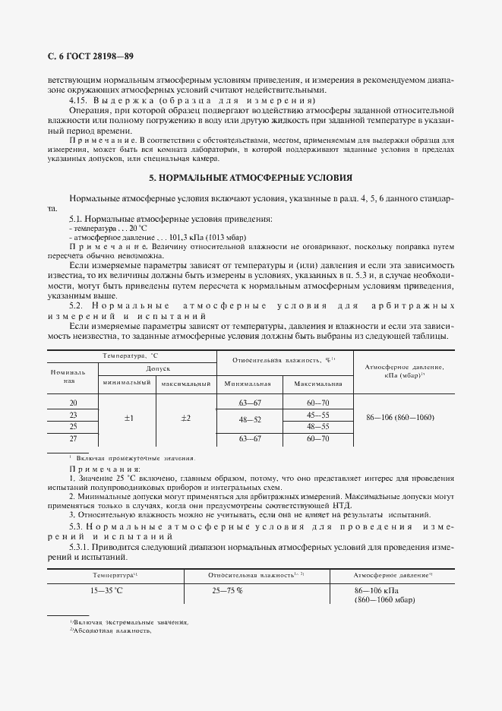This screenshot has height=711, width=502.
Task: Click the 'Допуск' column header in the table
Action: pyautogui.click(x=157, y=367)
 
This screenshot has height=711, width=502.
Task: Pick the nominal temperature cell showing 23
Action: pyautogui.click(x=73, y=416)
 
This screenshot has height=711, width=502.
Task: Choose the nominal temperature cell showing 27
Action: pyautogui.click(x=73, y=439)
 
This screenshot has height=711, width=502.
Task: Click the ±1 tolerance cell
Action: pyautogui.click(x=128, y=419)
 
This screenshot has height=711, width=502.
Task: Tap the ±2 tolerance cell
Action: pyautogui.click(x=185, y=419)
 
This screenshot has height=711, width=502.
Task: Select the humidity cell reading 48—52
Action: pyautogui.click(x=250, y=420)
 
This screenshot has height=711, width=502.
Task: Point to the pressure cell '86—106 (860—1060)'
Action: pyautogui.click(x=399, y=419)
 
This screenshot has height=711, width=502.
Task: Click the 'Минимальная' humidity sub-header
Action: pyautogui.click(x=250, y=384)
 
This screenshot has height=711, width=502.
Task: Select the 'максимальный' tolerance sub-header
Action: pyautogui.click(x=185, y=384)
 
